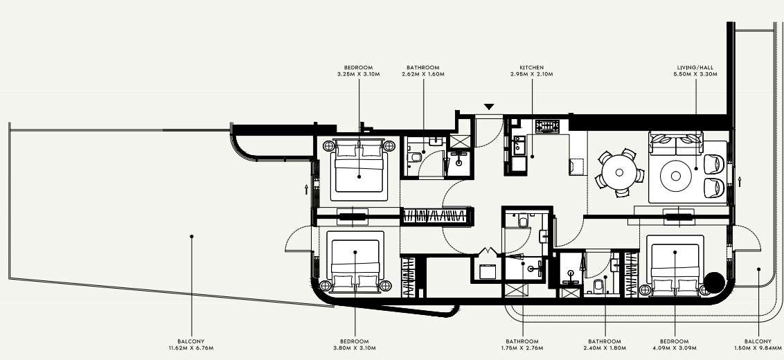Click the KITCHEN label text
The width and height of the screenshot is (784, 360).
(x=531, y=68)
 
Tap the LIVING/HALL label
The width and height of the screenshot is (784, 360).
(x=695, y=68)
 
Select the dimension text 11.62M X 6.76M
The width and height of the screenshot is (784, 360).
(x=191, y=348)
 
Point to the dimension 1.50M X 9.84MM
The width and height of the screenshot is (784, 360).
(x=758, y=348)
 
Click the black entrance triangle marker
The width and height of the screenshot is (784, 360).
(x=489, y=107)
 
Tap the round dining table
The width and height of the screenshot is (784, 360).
(x=619, y=172)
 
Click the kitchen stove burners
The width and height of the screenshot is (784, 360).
(x=548, y=126)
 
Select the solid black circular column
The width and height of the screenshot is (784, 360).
(x=713, y=282)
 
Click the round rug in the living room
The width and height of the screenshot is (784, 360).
(x=676, y=176)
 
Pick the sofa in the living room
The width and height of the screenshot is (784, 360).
(x=675, y=143)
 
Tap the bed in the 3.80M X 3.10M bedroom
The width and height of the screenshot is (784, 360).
(x=355, y=262)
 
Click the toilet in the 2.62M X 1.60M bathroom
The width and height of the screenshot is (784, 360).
(x=414, y=158)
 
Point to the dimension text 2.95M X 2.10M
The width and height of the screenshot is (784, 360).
(x=531, y=75)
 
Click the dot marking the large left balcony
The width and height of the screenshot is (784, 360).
(x=192, y=236)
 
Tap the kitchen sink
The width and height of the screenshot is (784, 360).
(x=519, y=145)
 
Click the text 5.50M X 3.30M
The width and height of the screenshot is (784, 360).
(x=695, y=75)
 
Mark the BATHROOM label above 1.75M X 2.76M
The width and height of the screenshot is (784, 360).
(x=523, y=341)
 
